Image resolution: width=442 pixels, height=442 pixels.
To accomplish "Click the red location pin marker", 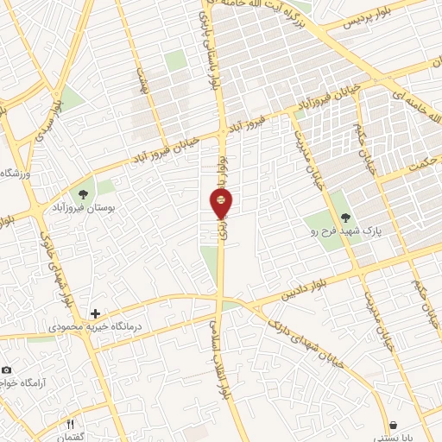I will pos(221,204).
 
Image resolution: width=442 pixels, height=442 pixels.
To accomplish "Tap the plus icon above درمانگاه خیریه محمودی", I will pos(95,312).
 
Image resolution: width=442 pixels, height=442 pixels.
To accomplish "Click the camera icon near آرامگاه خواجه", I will pos(5,369).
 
